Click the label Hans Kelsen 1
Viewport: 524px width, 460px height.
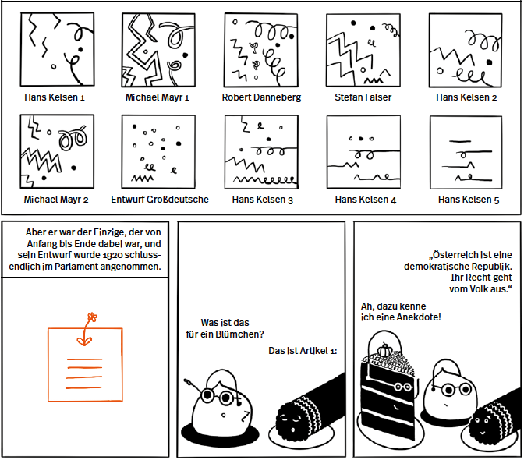coord(55,97)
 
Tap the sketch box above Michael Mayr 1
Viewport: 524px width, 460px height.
coord(158,50)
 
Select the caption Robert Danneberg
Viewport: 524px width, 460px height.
coord(261,97)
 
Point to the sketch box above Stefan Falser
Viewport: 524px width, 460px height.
coord(363,50)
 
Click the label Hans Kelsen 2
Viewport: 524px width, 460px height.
coord(466,97)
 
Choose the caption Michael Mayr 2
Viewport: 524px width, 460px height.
coord(56,199)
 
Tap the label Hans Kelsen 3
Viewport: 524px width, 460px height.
coord(263,200)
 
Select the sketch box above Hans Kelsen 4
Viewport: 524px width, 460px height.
coord(363,151)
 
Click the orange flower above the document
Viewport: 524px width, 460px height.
coord(93,317)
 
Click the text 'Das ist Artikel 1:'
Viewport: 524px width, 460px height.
coord(302,351)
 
